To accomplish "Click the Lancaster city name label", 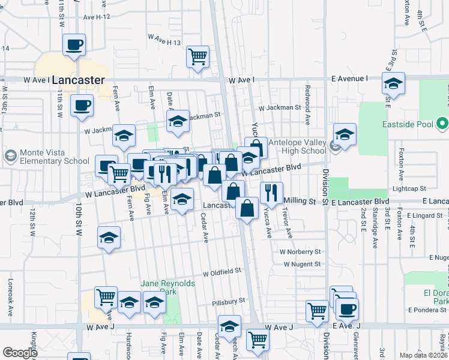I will click(78, 79).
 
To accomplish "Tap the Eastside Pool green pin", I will click(442, 125).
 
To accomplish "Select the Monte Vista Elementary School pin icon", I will click(10, 157).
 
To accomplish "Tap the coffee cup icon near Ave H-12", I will click(74, 45).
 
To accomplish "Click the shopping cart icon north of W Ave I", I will click(198, 58).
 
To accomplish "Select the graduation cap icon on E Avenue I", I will click(393, 83).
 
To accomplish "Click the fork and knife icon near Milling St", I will click(271, 193).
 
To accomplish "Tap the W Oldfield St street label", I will click(221, 272).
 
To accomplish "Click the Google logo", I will click(20, 353).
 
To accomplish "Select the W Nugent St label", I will click(301, 264).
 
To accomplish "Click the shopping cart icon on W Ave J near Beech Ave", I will click(258, 339).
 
